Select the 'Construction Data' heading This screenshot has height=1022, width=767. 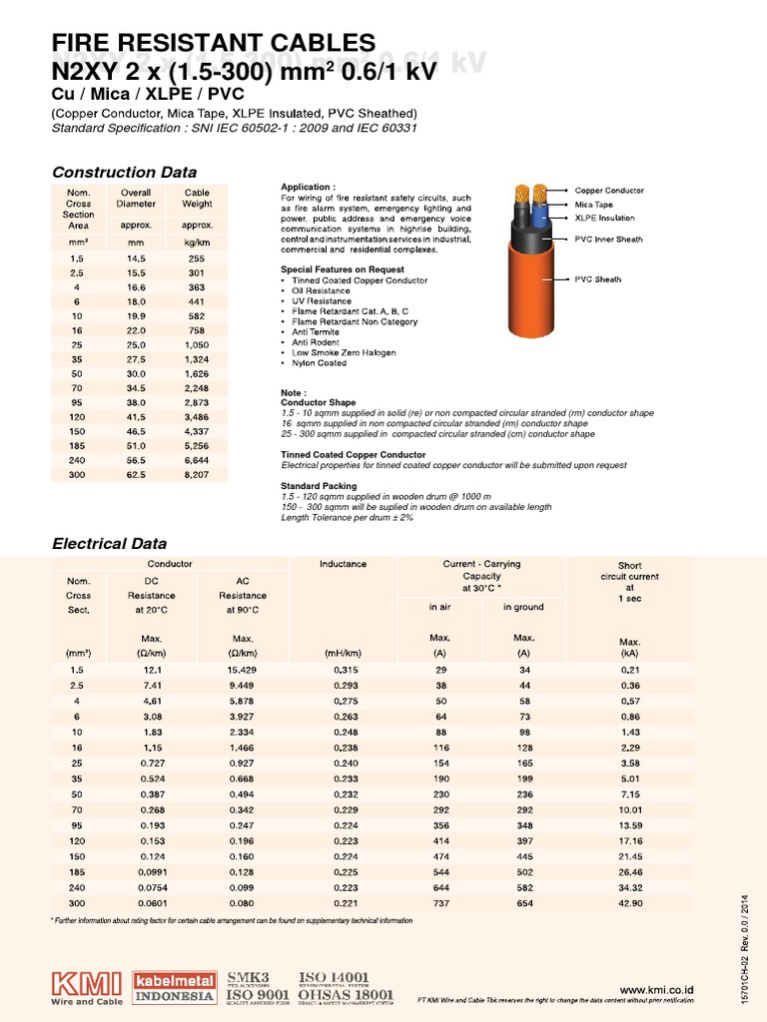coord(124,172)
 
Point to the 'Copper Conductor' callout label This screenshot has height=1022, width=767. coord(608,190)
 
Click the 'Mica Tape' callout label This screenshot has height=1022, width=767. coord(595,204)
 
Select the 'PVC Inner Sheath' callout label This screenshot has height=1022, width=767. coord(608,240)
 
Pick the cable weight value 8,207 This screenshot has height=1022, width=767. coord(197,474)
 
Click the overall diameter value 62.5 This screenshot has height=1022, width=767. coord(136,474)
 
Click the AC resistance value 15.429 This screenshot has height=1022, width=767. coord(243,670)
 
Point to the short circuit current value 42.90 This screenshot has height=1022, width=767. coord(629,903)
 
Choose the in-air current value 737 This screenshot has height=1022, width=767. coord(440,903)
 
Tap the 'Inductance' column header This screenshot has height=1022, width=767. coord(343,564)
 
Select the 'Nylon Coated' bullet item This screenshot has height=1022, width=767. coord(316,363)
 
